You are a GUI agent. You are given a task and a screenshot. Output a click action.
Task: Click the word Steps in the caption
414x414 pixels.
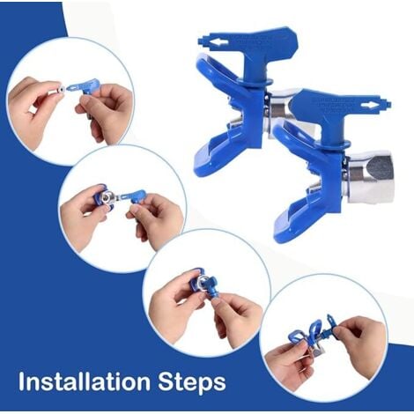pyautogui.click(x=190, y=382)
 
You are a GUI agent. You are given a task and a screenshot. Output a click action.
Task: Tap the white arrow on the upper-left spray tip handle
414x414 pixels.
pyautogui.click(x=206, y=40)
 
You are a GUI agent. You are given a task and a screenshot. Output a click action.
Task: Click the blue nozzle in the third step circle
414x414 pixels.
pyautogui.click(x=200, y=282)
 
